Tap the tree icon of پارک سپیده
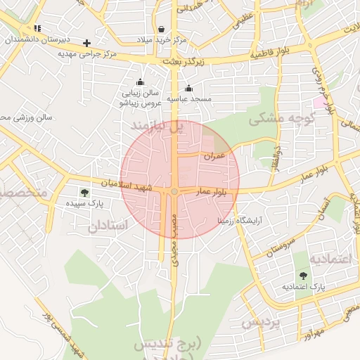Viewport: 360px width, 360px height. click(x=84, y=192)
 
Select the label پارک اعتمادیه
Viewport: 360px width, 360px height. click(x=304, y=288)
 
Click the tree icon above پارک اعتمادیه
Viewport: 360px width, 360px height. click(x=304, y=276)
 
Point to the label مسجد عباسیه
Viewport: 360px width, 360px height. click(x=188, y=99)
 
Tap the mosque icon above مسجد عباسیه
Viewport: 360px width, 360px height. click(x=188, y=88)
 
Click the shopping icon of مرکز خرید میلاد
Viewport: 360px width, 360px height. click(x=162, y=30)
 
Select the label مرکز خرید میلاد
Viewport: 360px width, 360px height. click(x=163, y=40)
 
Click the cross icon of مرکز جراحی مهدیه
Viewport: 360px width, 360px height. click(x=86, y=42)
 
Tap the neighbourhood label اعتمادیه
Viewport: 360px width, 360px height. click(x=330, y=259)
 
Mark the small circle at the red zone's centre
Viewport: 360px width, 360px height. click(x=174, y=191)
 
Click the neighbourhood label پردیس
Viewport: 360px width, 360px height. click(x=261, y=323)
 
